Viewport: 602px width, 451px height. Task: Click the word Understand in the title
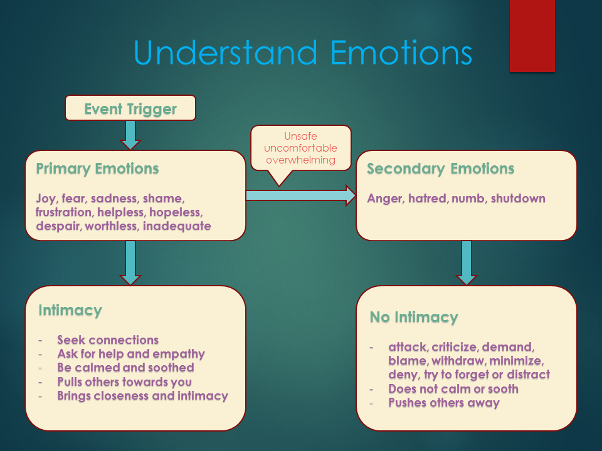(226, 53)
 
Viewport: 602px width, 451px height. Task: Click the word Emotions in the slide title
(401, 53)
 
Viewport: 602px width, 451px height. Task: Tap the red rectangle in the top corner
(532, 36)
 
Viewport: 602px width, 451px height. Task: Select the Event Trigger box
(130, 108)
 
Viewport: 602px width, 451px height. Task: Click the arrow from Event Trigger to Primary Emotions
(130, 135)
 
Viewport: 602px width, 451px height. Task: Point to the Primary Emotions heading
(97, 168)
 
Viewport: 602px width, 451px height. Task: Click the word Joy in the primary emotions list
(46, 199)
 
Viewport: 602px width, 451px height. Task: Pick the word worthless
(112, 226)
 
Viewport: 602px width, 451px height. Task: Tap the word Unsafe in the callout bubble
(300, 136)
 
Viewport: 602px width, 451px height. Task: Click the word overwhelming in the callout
(300, 160)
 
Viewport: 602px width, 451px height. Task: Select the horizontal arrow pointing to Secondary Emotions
(301, 195)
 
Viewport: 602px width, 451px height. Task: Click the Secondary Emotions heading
(440, 168)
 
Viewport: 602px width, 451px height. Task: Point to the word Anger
(385, 199)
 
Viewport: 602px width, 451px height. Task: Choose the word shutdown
(518, 199)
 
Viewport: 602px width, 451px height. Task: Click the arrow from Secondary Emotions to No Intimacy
(467, 263)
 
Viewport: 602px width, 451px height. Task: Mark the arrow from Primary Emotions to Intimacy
(130, 263)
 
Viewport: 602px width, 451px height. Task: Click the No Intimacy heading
(414, 317)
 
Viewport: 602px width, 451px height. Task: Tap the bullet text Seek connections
(108, 340)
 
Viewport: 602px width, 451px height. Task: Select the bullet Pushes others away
(444, 403)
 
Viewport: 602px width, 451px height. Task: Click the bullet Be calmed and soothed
(125, 368)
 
